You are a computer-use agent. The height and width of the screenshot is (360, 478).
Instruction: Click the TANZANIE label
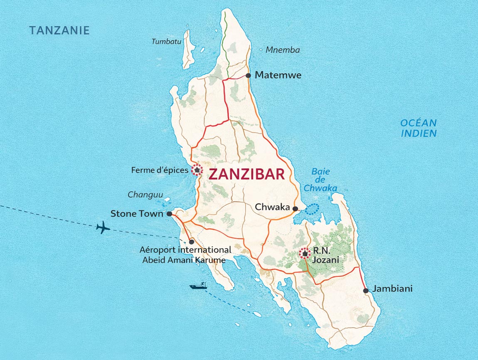[59, 30]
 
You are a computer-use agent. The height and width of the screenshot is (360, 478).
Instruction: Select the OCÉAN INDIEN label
[419, 128]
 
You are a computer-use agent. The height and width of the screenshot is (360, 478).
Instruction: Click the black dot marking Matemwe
[248, 76]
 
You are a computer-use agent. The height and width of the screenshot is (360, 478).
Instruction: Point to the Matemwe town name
[278, 75]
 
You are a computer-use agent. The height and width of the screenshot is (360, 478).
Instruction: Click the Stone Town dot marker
[169, 214]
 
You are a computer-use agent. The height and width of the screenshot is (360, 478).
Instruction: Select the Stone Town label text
[137, 214]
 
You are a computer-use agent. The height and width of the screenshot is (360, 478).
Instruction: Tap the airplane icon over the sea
[103, 227]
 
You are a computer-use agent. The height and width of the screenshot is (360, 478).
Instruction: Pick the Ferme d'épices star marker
[196, 170]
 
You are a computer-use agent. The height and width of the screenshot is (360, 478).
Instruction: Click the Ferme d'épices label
[160, 170]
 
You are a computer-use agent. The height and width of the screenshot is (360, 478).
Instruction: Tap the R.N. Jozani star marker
[305, 254]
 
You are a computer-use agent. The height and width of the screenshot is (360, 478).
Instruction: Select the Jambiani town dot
[366, 291]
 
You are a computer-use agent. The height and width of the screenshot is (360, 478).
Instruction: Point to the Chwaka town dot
[295, 209]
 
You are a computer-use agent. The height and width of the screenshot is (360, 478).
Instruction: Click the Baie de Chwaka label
[320, 180]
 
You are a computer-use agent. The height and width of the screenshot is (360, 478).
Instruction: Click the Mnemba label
[283, 50]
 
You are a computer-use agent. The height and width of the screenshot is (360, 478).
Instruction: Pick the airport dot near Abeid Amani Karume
[191, 242]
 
